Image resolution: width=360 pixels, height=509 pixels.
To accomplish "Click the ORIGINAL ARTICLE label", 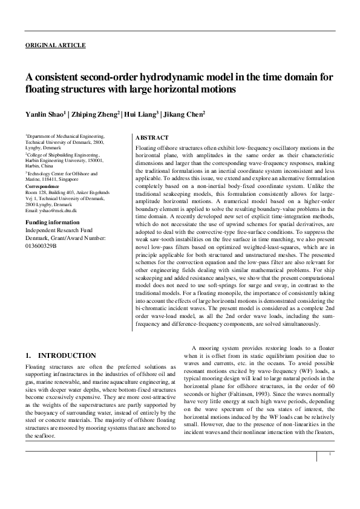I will (55, 45).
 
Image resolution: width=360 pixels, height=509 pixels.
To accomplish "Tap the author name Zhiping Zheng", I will (96, 114).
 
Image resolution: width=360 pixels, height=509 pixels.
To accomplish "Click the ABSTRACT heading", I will (152, 138).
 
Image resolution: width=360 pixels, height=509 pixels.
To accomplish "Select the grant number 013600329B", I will (41, 247).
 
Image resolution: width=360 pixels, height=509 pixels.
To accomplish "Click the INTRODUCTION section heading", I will (66, 355).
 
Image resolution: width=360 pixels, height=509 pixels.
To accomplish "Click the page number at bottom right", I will (329, 470).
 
